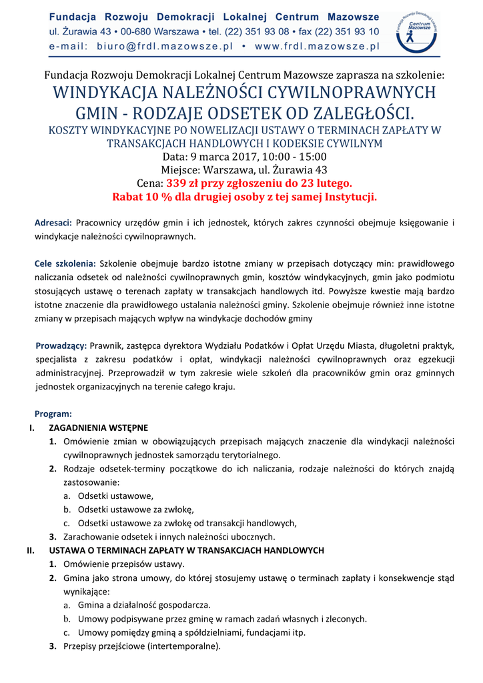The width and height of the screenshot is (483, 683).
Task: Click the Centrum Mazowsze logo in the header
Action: coord(418,31)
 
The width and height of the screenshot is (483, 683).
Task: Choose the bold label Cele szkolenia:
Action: coord(65,263)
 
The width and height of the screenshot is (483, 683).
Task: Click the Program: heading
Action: coord(53,414)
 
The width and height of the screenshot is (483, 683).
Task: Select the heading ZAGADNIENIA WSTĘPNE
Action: coord(99,428)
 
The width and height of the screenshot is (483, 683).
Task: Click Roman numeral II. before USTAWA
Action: coord(30,550)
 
